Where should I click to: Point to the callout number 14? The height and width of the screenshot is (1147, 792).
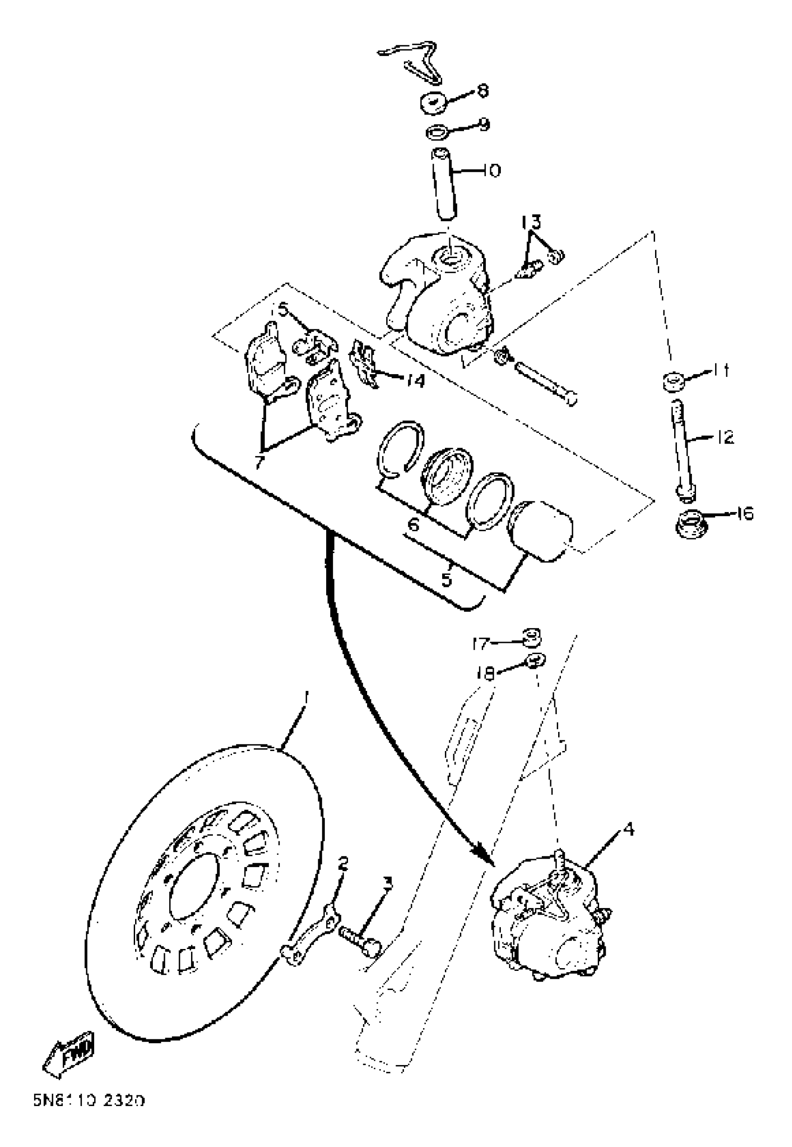[x=415, y=381]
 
